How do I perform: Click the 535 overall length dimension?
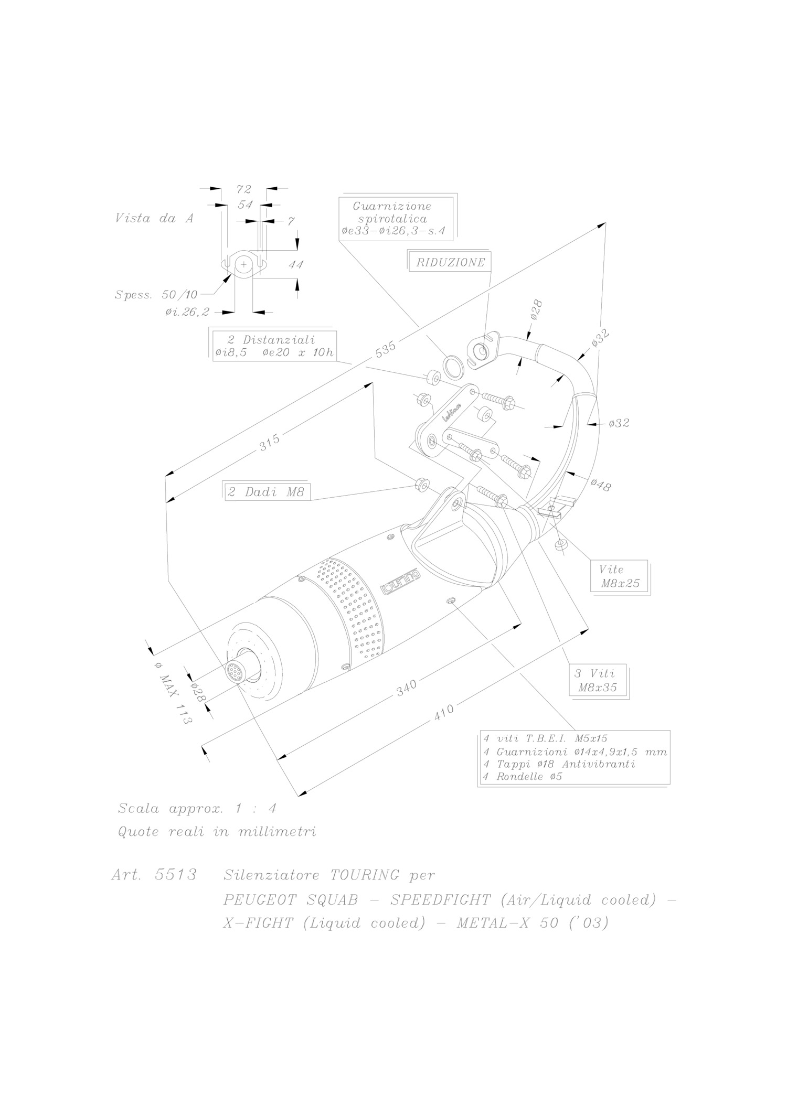[x=386, y=350]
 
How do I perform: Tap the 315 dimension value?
[x=270, y=443]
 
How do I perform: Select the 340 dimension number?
[x=407, y=688]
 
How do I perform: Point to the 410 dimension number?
[x=444, y=711]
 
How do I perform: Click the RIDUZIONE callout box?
[x=450, y=262]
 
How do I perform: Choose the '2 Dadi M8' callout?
[x=265, y=492]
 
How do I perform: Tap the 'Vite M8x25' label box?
[x=620, y=576]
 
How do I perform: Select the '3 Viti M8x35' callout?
[x=598, y=681]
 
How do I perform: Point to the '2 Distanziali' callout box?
[x=273, y=346]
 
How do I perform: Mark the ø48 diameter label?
[x=600, y=485]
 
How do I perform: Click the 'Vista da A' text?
[x=154, y=218]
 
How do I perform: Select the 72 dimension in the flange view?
[x=244, y=189]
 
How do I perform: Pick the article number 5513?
[x=176, y=875]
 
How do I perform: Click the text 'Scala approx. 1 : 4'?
[x=197, y=808]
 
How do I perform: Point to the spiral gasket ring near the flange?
[x=454, y=367]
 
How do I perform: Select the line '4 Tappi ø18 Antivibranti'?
[x=559, y=764]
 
